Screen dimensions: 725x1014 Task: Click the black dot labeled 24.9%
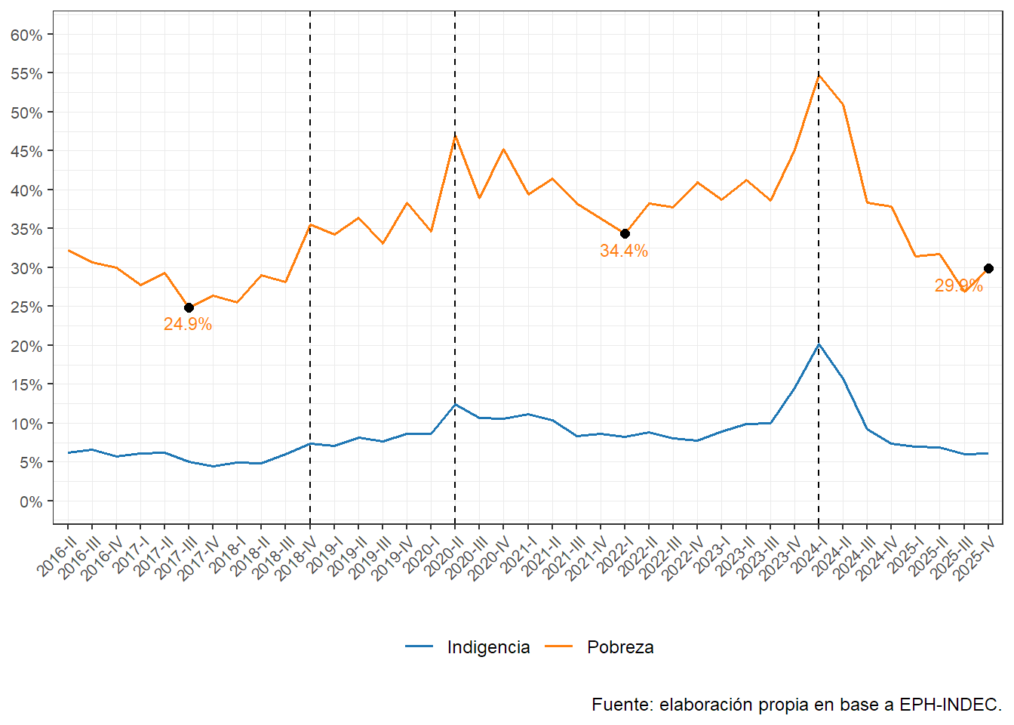click(189, 307)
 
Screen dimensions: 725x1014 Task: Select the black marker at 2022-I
click(625, 233)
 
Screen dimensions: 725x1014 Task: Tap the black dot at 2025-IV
click(988, 268)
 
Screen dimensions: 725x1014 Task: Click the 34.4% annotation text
click(623, 251)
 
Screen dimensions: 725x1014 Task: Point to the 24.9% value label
click(187, 324)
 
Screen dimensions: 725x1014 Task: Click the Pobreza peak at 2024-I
click(819, 76)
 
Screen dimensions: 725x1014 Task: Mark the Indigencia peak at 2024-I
click(819, 344)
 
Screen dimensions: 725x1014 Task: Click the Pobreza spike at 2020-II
click(455, 136)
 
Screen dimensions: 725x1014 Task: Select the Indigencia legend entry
click(487, 647)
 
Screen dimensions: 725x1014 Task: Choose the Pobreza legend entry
click(619, 647)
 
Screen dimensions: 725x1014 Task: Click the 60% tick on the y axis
click(26, 35)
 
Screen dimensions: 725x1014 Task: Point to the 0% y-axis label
click(30, 501)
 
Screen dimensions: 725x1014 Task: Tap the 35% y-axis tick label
click(26, 229)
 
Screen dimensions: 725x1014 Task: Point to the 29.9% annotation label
click(958, 285)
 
